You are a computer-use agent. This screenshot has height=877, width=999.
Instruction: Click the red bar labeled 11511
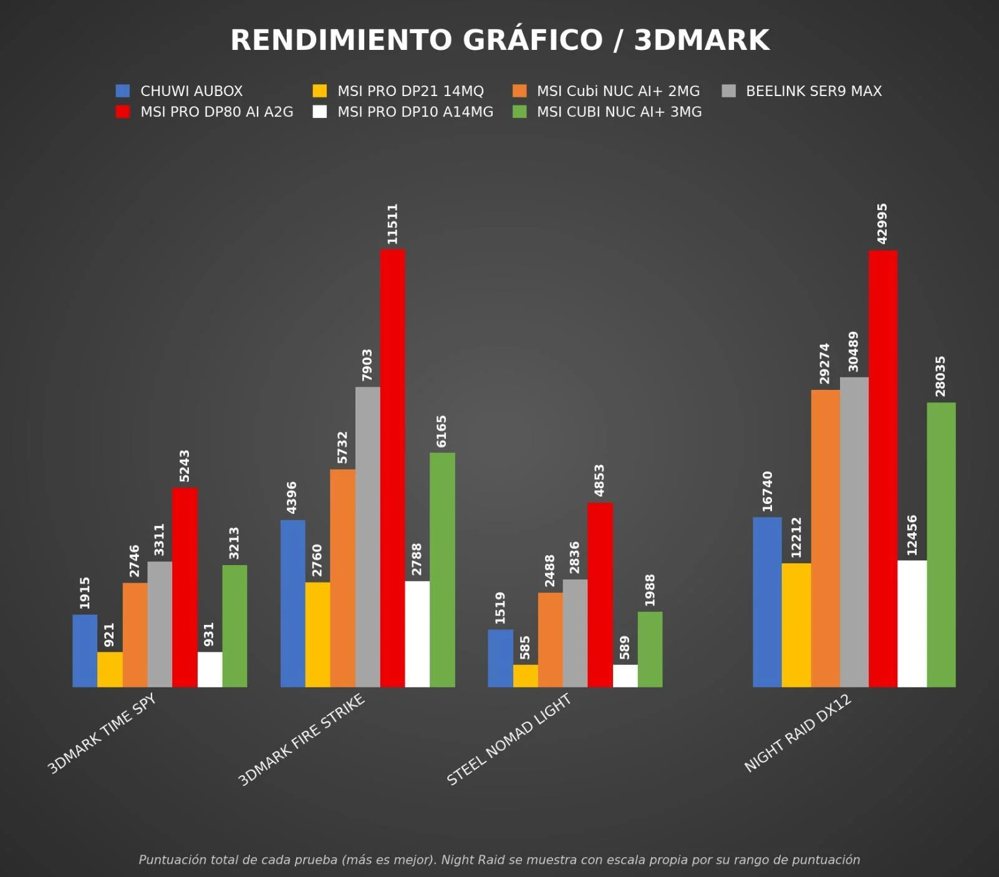(392, 468)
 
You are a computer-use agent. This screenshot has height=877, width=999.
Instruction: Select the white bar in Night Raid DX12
(912, 624)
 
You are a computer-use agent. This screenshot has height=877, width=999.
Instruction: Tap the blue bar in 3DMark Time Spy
(85, 651)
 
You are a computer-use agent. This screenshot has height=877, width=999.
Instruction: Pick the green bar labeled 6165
(442, 569)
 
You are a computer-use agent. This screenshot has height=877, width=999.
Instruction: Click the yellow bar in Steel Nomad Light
(525, 676)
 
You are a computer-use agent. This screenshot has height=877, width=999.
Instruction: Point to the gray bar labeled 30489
(854, 532)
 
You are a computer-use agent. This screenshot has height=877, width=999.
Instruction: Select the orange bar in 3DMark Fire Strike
(342, 578)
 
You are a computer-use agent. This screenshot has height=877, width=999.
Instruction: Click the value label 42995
(882, 223)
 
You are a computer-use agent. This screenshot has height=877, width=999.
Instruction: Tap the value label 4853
(599, 480)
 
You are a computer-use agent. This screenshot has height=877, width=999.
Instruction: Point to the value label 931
(209, 634)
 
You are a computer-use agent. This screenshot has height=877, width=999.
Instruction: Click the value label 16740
(767, 491)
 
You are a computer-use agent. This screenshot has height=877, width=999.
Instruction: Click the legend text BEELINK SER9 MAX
(814, 91)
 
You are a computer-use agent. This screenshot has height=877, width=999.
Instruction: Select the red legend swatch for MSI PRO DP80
(123, 112)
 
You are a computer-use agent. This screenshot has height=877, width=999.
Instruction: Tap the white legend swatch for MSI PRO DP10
(319, 112)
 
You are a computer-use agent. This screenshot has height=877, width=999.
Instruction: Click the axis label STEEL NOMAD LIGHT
(509, 739)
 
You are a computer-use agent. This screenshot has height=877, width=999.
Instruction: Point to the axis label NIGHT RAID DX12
(798, 734)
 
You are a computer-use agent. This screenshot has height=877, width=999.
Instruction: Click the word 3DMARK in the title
(702, 40)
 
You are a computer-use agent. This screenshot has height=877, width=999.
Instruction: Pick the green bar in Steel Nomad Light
(650, 649)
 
